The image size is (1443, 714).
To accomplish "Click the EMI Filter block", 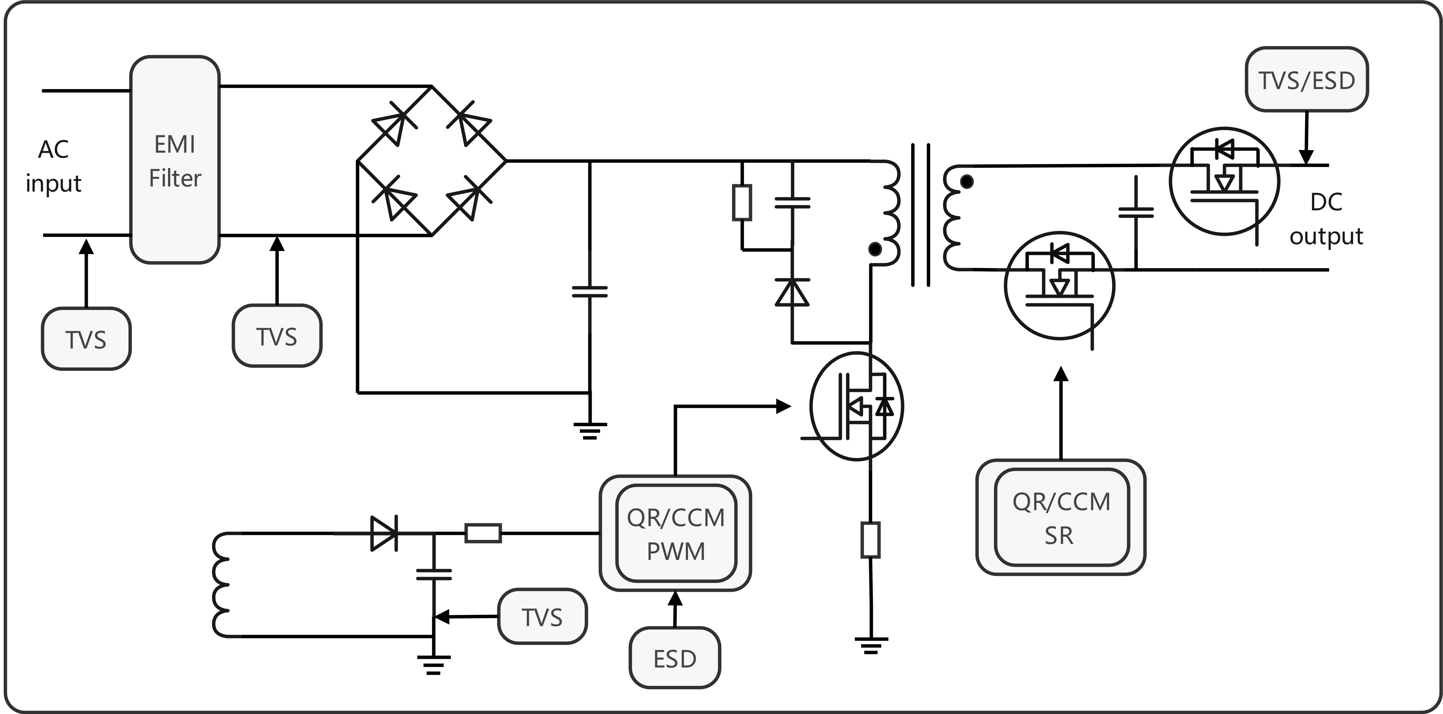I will click(x=175, y=160).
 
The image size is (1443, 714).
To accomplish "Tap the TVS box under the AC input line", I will click(x=86, y=339).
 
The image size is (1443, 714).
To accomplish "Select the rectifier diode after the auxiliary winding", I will click(x=384, y=533).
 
